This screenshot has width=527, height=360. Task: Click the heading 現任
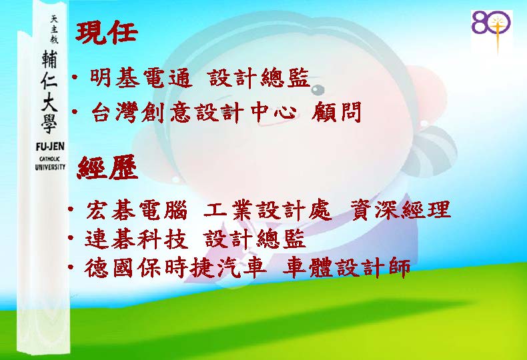(x=107, y=33)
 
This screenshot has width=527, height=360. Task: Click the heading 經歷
(x=107, y=167)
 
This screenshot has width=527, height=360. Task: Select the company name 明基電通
(x=141, y=78)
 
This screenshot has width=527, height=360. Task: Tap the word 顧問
(x=336, y=111)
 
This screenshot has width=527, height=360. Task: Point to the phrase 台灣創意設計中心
(x=194, y=112)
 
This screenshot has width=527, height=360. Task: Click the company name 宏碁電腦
(x=137, y=211)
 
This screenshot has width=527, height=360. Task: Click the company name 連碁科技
(x=136, y=239)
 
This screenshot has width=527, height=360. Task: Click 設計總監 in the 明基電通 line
(x=259, y=78)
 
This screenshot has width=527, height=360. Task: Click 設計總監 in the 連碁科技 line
(x=255, y=239)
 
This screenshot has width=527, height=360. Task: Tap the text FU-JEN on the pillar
(x=50, y=147)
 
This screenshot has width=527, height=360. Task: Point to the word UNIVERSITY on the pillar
(x=50, y=167)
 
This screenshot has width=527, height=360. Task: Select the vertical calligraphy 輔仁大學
(x=50, y=92)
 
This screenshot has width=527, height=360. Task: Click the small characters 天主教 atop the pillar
(x=54, y=29)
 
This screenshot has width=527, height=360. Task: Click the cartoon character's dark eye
(x=318, y=89)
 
